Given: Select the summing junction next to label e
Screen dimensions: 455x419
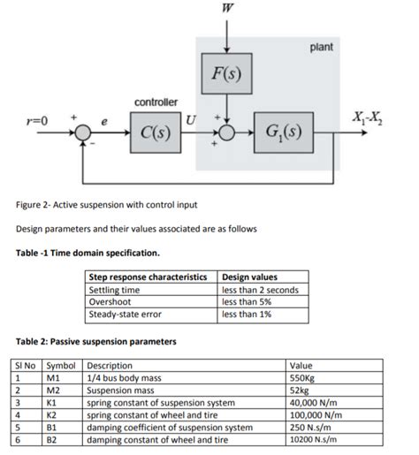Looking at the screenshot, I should (84, 134).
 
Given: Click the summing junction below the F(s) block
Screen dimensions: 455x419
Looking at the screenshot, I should (229, 134).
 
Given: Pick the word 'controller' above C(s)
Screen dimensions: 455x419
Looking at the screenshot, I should (156, 103).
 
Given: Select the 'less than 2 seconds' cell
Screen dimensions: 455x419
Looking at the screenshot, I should (261, 290).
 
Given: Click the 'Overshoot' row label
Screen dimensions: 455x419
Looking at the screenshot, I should (110, 301).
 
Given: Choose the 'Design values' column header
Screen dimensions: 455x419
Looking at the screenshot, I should (252, 278).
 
